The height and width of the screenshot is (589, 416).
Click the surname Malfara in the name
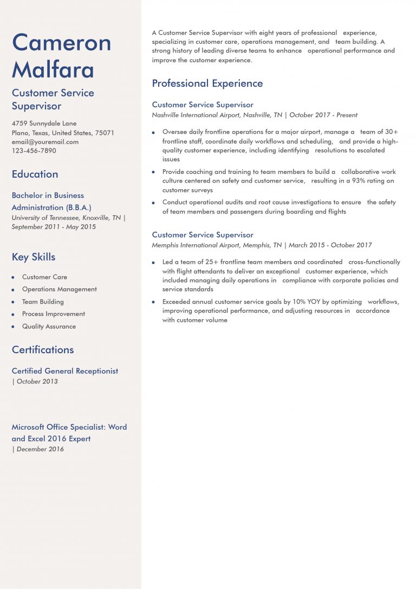pos(53,69)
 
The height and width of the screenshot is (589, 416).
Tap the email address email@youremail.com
pos(45,142)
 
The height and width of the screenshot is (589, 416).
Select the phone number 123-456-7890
pos(34,151)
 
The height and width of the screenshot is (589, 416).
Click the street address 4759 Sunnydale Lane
pos(44,124)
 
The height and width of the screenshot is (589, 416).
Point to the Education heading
pos(35,174)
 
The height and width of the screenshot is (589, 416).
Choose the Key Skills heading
pos(34,257)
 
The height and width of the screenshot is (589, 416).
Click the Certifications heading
pos(43,349)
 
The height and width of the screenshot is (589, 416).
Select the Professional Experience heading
pos(207,83)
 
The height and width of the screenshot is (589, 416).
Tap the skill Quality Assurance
pos(49,326)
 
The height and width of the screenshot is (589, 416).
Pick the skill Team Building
pos(43,302)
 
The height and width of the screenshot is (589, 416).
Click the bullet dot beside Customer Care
pos(13,277)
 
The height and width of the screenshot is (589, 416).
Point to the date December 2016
pos(40,449)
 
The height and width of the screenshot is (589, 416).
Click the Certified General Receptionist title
pos(65,371)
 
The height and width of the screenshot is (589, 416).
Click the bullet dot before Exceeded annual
pos(153,302)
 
